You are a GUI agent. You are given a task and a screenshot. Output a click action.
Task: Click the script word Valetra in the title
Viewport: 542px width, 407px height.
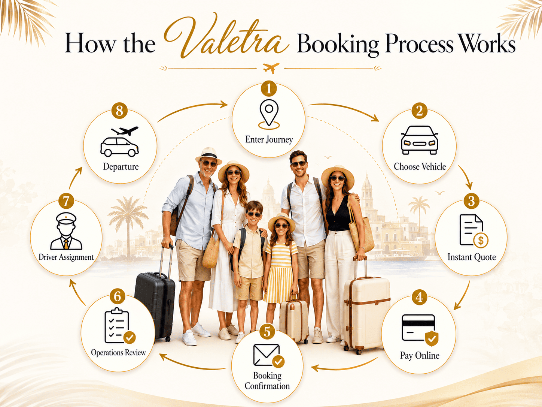(x=226, y=36)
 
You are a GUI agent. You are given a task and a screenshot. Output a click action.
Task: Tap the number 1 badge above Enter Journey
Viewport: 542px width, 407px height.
(x=269, y=88)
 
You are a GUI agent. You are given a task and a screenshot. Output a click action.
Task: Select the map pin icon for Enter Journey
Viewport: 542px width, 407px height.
(x=269, y=114)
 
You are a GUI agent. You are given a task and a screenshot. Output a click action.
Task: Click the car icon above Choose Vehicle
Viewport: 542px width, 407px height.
(x=419, y=140)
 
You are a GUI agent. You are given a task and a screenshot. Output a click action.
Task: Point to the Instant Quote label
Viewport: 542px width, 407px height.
(x=472, y=257)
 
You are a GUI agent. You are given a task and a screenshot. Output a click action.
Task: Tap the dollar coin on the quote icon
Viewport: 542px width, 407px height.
(x=481, y=240)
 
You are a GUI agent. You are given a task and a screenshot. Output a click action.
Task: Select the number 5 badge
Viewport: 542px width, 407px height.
(x=267, y=331)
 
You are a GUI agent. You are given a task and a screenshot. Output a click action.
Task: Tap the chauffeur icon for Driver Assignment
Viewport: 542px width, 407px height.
(x=66, y=231)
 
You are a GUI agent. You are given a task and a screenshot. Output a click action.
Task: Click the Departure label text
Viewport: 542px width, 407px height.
(x=121, y=166)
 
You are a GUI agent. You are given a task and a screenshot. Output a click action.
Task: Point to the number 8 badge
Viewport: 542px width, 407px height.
(x=119, y=111)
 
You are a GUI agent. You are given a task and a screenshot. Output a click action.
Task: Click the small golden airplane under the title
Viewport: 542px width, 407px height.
(x=271, y=68)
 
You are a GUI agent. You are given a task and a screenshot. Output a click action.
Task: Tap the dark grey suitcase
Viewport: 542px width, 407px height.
(x=155, y=304)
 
